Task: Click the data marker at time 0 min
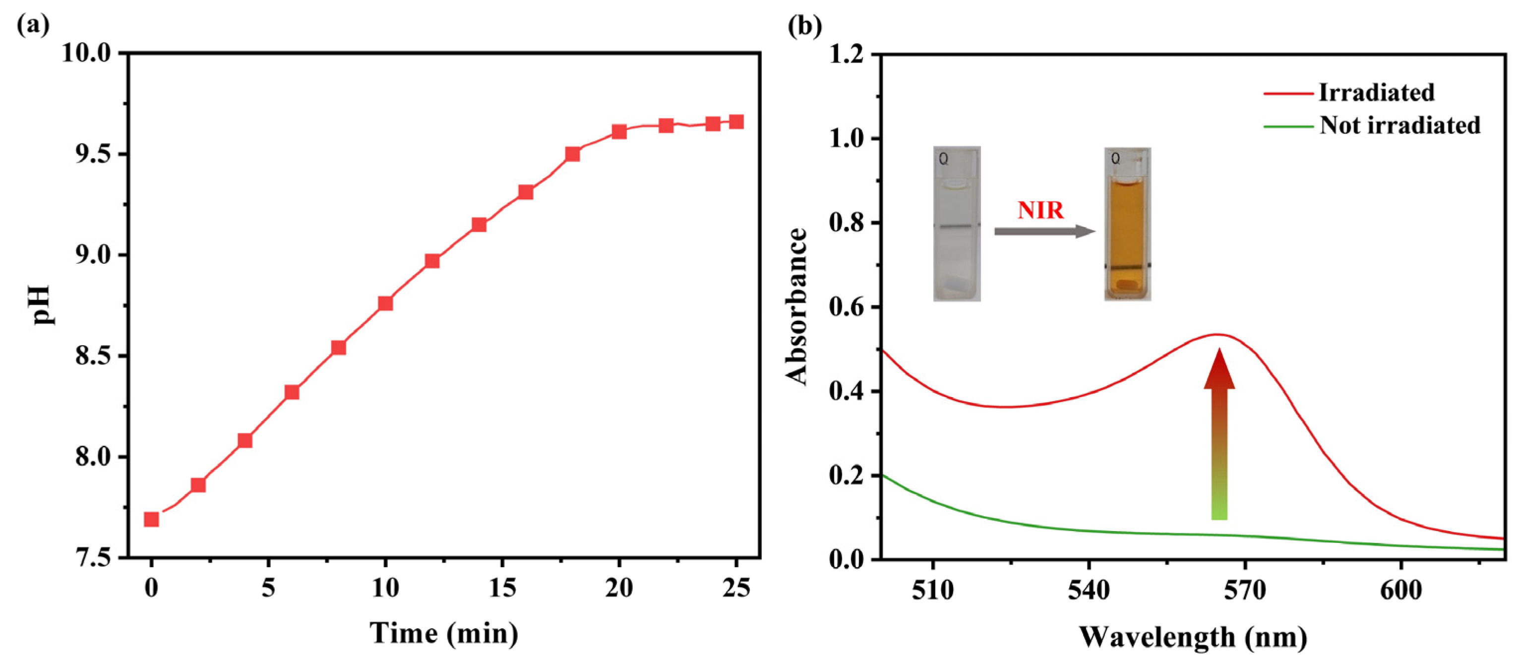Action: click(151, 519)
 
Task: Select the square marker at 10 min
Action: click(385, 303)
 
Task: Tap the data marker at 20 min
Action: click(619, 131)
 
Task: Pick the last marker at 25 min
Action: click(736, 122)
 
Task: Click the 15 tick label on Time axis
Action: click(502, 588)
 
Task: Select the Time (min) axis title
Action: click(444, 634)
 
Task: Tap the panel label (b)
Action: click(805, 25)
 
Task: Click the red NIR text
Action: click(1040, 210)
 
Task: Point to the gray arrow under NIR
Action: click(1044, 232)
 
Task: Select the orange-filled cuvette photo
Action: click(1127, 224)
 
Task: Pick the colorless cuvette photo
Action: click(957, 224)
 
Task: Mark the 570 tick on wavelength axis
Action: click(1244, 590)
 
